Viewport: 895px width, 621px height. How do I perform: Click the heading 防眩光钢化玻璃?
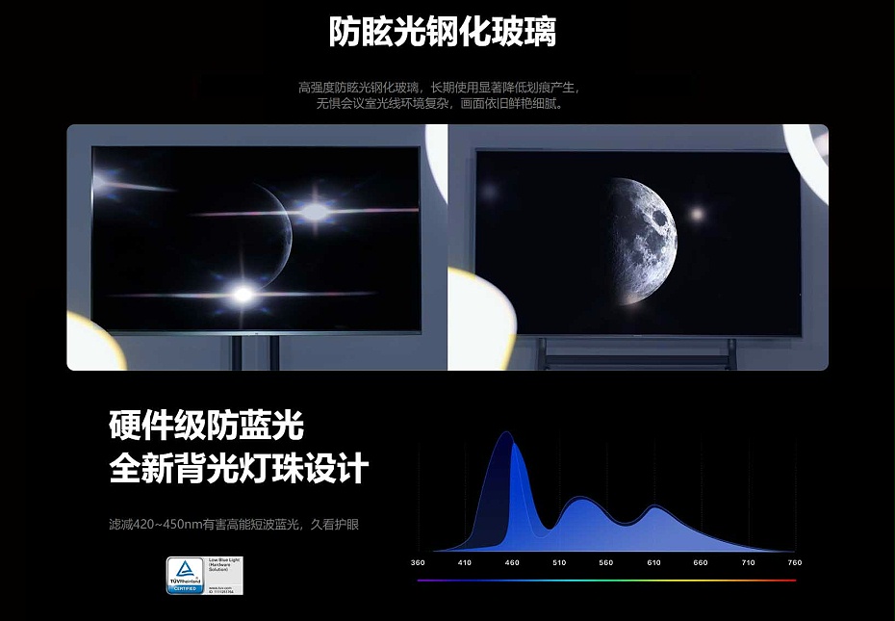(x=442, y=32)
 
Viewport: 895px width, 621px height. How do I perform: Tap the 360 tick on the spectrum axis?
(x=418, y=562)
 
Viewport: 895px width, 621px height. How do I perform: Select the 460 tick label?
(x=512, y=562)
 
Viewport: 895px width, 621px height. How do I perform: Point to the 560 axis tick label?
(x=605, y=562)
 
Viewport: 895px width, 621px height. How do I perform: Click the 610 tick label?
(x=653, y=562)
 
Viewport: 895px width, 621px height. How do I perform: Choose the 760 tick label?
(x=794, y=562)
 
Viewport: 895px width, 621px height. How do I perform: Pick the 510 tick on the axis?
(x=559, y=562)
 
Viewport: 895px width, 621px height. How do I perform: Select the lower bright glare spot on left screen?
(x=243, y=293)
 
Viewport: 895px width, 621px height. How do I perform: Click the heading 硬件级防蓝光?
(x=206, y=425)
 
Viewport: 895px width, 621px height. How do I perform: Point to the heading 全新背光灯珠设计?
(x=239, y=470)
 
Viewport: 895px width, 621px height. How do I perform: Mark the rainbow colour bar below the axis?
(x=606, y=581)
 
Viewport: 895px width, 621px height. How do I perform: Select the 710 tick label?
(x=748, y=562)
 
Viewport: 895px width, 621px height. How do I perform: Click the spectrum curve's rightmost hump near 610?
(x=654, y=508)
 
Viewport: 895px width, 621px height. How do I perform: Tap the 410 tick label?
(x=465, y=562)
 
